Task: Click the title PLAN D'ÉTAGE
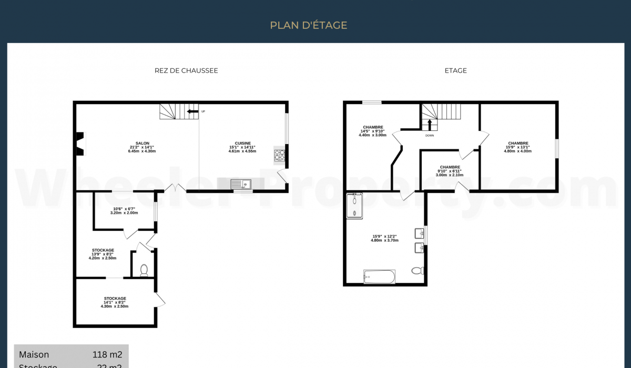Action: [309, 25]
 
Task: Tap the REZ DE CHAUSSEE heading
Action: [186, 70]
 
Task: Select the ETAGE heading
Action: [455, 70]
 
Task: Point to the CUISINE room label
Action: [242, 143]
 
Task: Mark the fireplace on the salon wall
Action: [79, 144]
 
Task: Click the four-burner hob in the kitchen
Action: [279, 155]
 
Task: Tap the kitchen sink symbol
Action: [241, 183]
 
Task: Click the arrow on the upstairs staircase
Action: [430, 125]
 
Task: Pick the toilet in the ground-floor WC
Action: [144, 270]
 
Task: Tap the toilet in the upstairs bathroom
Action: [418, 271]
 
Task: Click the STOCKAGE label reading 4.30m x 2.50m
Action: [115, 302]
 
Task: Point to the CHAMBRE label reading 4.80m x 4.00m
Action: [518, 147]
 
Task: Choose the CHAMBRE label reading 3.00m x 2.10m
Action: [450, 171]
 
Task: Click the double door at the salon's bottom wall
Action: [176, 188]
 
